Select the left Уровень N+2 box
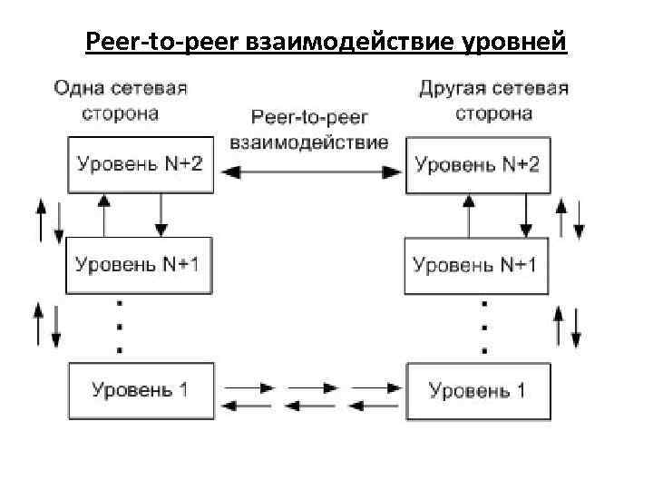click(x=141, y=164)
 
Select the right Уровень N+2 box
click(x=477, y=164)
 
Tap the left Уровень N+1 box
click(x=141, y=265)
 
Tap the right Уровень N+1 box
click(x=476, y=265)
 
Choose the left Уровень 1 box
click(x=141, y=390)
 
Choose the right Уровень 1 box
click(x=477, y=390)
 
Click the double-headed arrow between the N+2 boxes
click(x=309, y=170)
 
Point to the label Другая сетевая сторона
click(x=494, y=101)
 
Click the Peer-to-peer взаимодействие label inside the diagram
click(x=309, y=131)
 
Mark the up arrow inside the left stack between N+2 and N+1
click(x=105, y=214)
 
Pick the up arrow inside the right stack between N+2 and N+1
click(x=468, y=214)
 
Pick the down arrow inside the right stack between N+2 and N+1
click(x=525, y=214)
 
